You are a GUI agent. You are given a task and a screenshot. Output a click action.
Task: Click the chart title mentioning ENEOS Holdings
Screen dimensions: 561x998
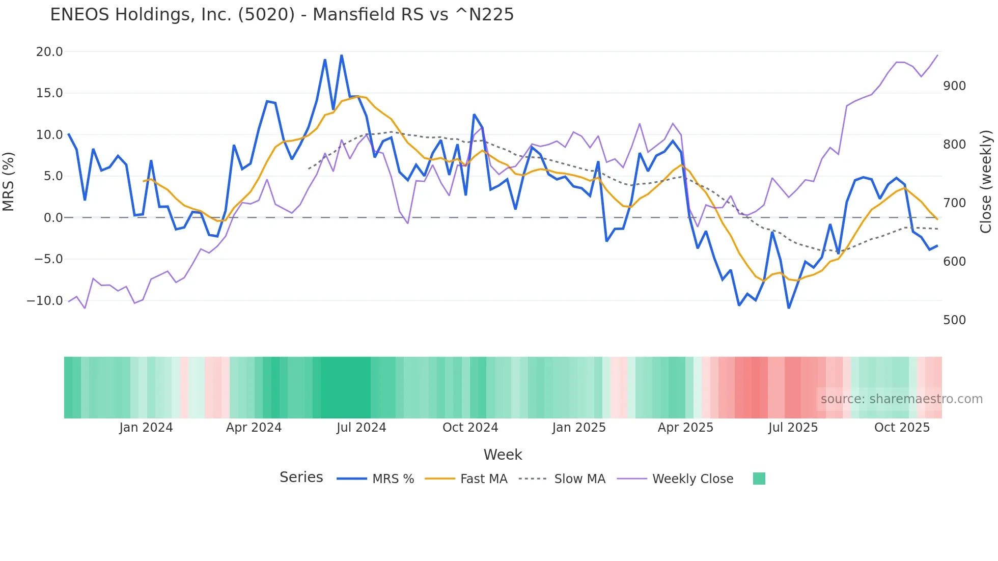pos(282,15)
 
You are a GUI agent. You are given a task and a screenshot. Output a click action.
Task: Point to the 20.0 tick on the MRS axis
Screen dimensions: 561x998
pos(49,52)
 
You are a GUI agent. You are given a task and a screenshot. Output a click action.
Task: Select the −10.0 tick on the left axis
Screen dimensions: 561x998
pos(45,301)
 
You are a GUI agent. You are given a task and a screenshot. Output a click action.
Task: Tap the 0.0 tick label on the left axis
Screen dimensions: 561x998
pos(53,218)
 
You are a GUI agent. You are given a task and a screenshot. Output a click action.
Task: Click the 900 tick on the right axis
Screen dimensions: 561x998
pos(954,86)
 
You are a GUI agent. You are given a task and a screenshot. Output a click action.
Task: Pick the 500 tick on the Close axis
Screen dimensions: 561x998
pos(954,320)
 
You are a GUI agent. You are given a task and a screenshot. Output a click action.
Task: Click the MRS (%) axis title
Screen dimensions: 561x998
pos(9,182)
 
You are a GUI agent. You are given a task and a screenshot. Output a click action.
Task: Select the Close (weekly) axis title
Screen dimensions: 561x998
pos(986,182)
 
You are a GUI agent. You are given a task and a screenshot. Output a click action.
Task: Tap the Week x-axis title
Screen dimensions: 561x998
pos(503,455)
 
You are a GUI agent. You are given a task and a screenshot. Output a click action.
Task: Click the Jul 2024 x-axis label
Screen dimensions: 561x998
pos(361,428)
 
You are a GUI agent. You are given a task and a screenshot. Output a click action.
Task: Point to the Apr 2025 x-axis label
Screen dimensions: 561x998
pos(685,428)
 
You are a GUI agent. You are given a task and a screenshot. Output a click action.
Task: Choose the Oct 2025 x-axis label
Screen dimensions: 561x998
pos(902,428)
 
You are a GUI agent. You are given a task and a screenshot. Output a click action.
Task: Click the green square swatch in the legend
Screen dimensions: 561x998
pos(759,479)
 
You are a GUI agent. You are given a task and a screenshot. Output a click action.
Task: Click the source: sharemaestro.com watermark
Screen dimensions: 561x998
pos(901,399)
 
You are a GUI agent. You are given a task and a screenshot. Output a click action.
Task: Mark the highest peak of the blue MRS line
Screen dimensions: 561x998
pos(341,55)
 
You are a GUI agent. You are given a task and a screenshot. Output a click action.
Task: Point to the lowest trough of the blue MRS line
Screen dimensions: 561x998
pos(789,308)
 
